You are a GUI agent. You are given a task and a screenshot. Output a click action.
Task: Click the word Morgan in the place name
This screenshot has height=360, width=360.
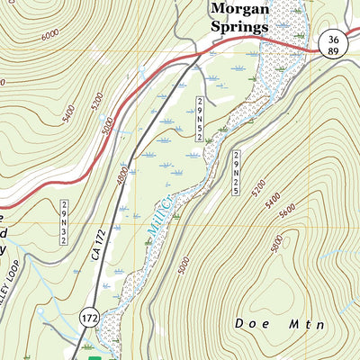238,9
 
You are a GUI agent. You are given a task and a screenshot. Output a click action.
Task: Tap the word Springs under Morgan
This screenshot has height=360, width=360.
239,27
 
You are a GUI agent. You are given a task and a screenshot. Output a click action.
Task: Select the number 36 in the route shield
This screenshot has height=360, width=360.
333,39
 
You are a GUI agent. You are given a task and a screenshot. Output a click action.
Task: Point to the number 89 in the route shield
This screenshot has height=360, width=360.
333,52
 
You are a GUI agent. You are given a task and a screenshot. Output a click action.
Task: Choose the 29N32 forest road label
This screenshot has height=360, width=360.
66,216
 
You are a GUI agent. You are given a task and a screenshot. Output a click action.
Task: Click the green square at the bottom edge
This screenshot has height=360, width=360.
87,346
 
